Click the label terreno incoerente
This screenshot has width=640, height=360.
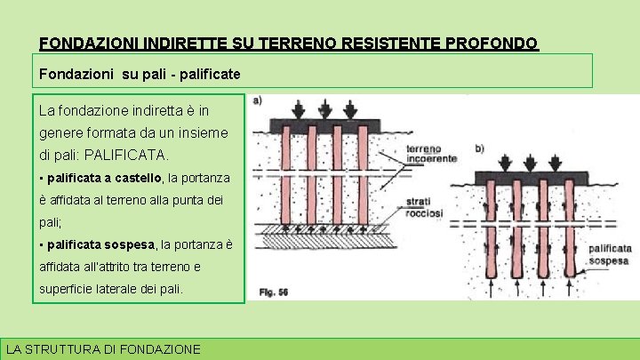tap(432, 153)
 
